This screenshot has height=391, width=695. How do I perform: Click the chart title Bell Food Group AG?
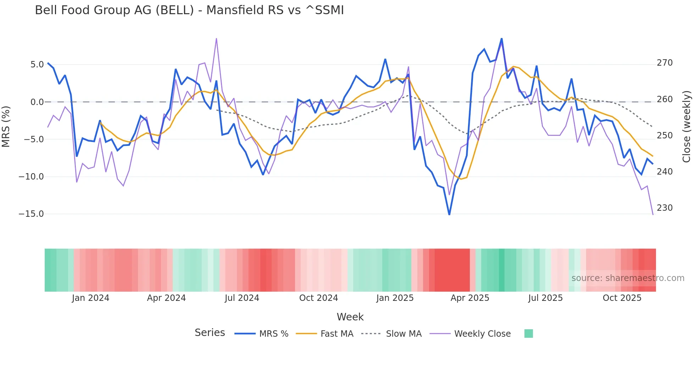[189, 10]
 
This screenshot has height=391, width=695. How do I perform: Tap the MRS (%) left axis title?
[6, 126]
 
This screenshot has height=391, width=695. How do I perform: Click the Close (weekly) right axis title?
[686, 127]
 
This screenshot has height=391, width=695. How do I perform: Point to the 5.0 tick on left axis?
[37, 65]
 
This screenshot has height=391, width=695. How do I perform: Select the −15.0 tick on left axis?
[31, 214]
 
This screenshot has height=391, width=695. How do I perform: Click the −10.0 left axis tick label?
[31, 177]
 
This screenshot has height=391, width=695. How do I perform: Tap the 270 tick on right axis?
[665, 63]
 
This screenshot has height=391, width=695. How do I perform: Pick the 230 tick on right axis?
[665, 208]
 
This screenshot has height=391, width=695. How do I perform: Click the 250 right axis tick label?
[665, 136]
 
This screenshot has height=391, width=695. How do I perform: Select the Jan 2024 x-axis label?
[90, 298]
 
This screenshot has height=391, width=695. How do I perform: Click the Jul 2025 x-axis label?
[545, 298]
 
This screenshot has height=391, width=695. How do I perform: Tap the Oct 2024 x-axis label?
[318, 298]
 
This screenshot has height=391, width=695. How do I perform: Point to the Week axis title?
[350, 317]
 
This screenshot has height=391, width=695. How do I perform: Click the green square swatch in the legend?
[528, 334]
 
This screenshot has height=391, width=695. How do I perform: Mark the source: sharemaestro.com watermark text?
[628, 278]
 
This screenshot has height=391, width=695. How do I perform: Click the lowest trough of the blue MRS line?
[449, 214]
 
